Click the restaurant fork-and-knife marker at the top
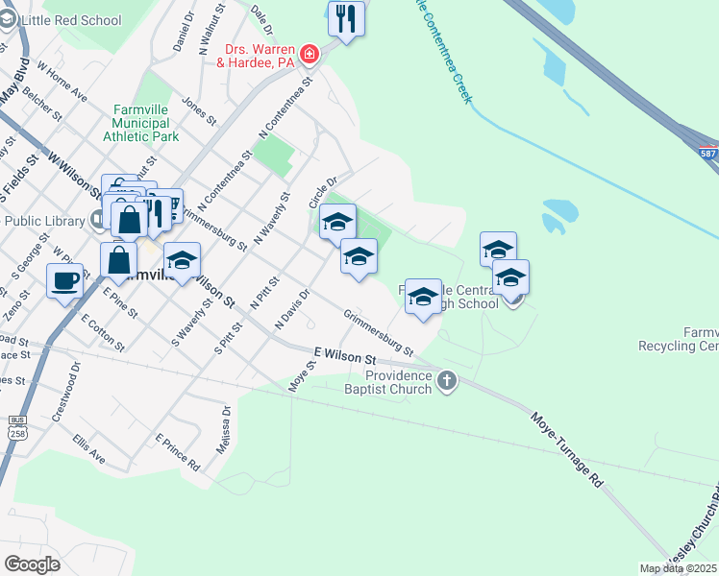346,18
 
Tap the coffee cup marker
64,281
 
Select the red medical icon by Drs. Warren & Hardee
310,54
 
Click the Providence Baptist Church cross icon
446,382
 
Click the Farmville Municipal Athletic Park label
145,123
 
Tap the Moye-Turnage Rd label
567,449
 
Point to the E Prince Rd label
177,452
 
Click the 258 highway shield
15,432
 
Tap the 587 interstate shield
708,154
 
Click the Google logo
32,564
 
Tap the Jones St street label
197,110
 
